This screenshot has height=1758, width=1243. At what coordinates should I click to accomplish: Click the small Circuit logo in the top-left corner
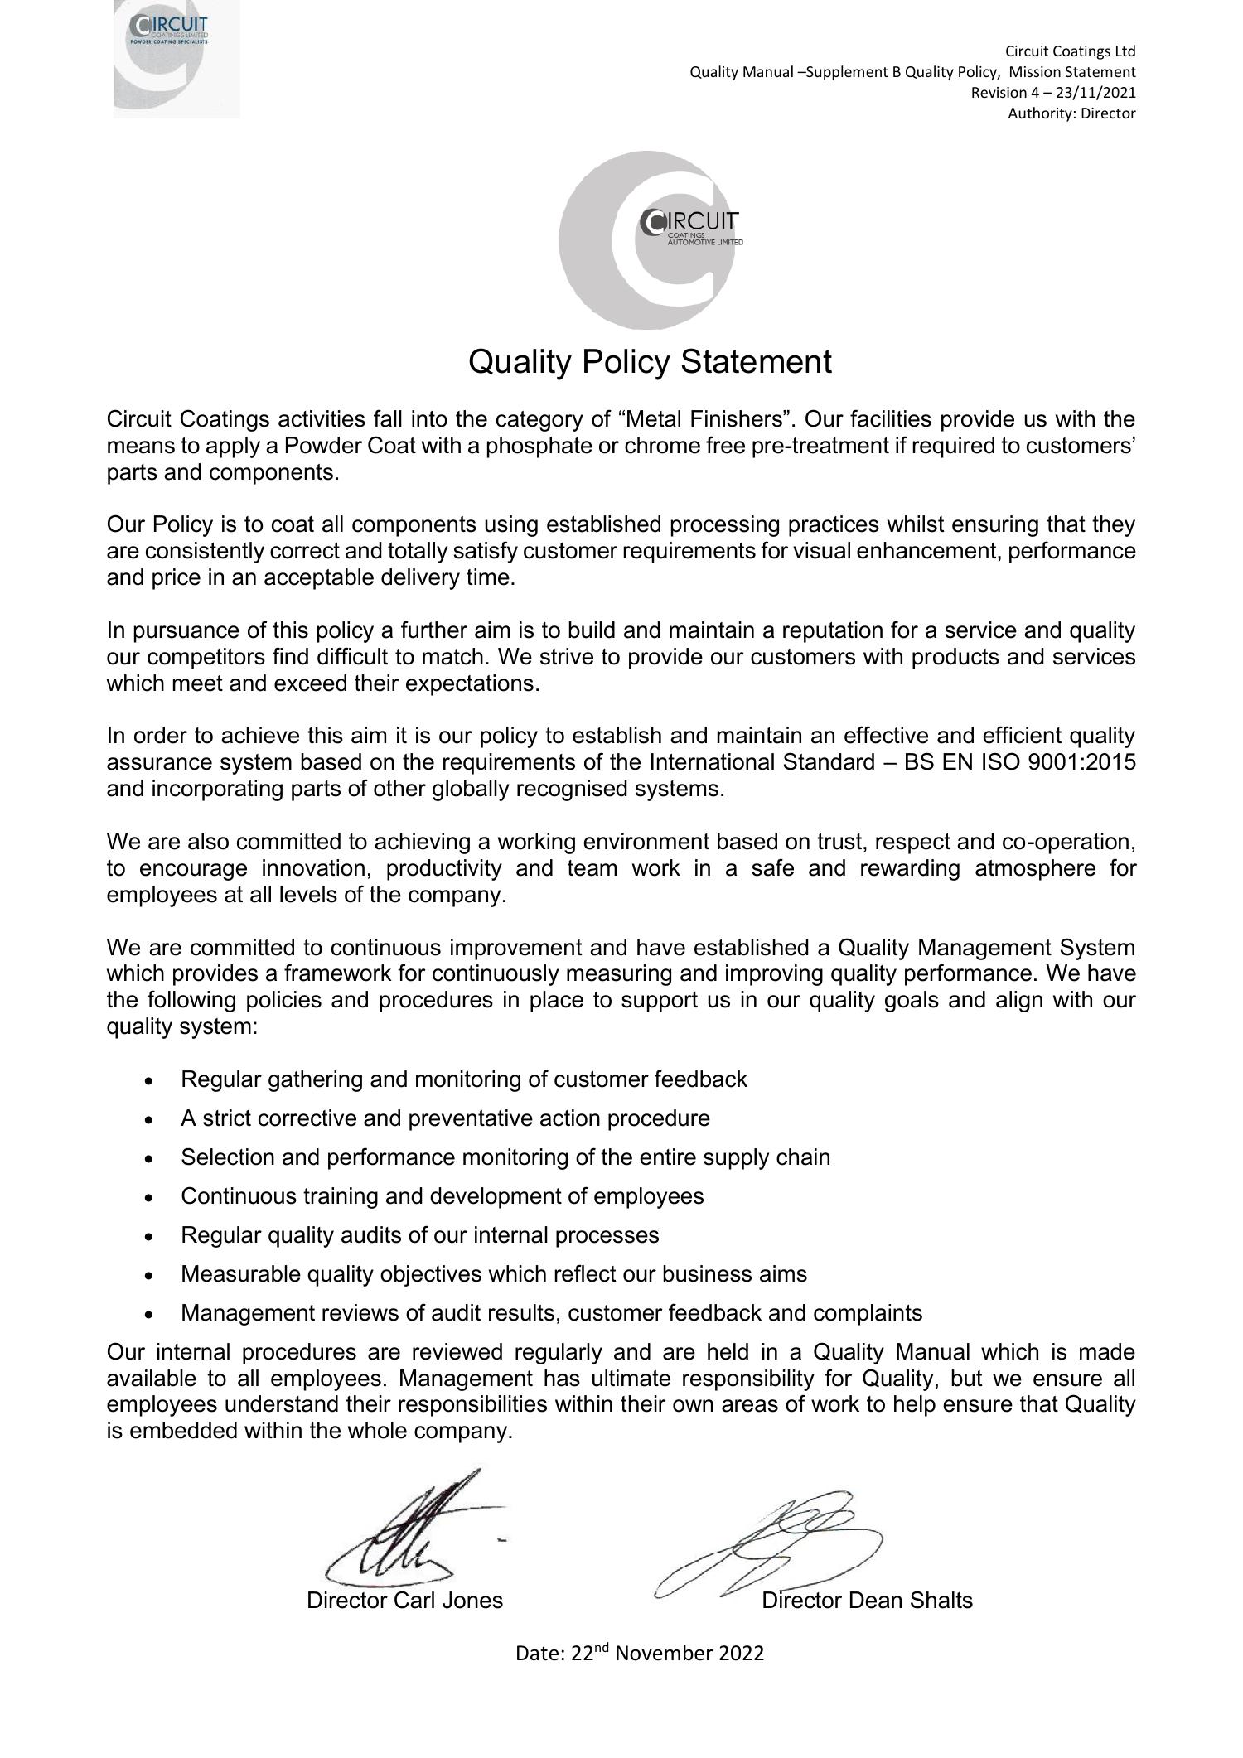pyautogui.click(x=176, y=58)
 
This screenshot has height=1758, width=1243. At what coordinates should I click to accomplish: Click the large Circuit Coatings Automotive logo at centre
pyautogui.click(x=648, y=240)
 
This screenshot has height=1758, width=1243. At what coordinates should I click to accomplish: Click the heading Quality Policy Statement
pyautogui.click(x=650, y=362)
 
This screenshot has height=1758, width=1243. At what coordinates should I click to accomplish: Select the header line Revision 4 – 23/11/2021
pyautogui.click(x=1052, y=93)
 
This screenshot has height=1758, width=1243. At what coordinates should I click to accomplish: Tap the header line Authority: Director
pyautogui.click(x=1071, y=113)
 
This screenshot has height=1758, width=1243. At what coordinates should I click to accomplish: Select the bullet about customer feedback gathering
pyautogui.click(x=463, y=1079)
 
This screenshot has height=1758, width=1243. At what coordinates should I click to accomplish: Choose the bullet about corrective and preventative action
pyautogui.click(x=445, y=1118)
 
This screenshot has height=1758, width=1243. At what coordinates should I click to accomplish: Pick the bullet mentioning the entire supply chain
pyautogui.click(x=505, y=1157)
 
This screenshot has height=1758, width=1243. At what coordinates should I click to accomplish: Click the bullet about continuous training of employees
pyautogui.click(x=442, y=1196)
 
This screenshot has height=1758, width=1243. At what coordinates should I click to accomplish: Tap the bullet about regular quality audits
pyautogui.click(x=419, y=1235)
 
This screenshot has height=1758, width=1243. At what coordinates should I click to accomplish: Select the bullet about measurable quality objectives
pyautogui.click(x=493, y=1274)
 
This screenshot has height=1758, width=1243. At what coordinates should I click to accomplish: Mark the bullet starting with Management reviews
pyautogui.click(x=551, y=1313)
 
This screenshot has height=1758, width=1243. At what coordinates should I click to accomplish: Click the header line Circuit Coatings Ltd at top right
pyautogui.click(x=1070, y=51)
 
